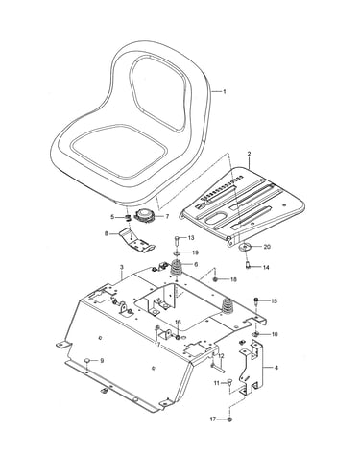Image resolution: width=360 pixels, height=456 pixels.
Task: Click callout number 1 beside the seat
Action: [x=225, y=92]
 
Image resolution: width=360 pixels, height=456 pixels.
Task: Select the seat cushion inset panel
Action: [x=119, y=151]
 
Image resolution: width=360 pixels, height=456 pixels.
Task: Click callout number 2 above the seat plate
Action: [x=249, y=154]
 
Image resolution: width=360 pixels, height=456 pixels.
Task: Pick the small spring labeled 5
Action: [x=128, y=218]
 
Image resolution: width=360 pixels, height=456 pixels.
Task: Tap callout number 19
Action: [x=195, y=252]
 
